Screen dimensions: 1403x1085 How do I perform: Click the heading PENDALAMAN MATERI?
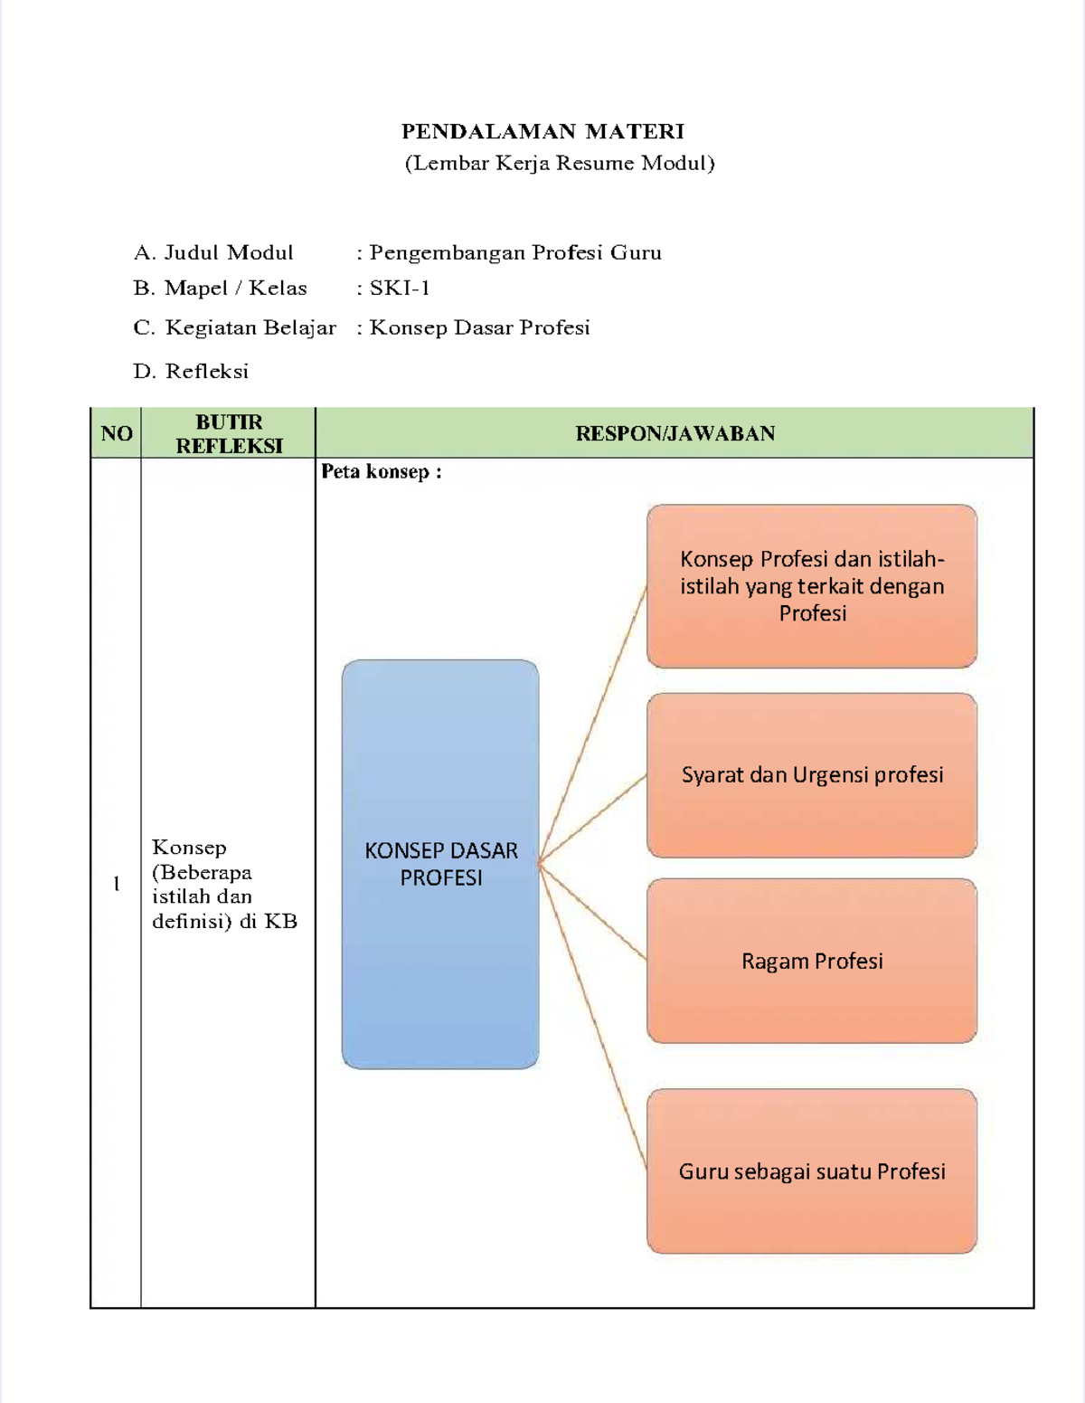(x=542, y=132)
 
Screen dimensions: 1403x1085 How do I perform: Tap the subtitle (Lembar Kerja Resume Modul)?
(x=560, y=164)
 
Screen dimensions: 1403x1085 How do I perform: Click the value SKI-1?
(x=400, y=289)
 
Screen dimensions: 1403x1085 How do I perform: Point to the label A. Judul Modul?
(x=213, y=253)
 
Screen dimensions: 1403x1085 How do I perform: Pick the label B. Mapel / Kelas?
(x=220, y=289)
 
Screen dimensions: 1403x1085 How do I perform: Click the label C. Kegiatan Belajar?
(x=234, y=327)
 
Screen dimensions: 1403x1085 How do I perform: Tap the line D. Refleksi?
(x=191, y=371)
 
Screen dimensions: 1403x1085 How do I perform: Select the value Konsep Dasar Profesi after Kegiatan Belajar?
(x=479, y=327)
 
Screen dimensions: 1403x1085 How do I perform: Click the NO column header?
(x=117, y=433)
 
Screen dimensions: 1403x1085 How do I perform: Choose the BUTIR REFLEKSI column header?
(x=229, y=433)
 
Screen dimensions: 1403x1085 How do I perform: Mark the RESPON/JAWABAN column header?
(x=675, y=433)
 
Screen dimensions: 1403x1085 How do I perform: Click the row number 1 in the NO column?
(x=117, y=884)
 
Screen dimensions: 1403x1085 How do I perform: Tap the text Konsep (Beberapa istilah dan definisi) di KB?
(x=224, y=884)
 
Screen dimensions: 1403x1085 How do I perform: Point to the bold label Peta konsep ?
(x=381, y=471)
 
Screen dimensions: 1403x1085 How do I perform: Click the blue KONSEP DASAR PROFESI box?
(x=440, y=864)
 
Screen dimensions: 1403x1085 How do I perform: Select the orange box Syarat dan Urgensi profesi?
(x=812, y=775)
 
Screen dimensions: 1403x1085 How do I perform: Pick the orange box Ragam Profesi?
(x=812, y=961)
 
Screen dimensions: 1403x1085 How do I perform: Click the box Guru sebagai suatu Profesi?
(x=812, y=1171)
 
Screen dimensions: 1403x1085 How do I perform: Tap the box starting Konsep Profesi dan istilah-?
(x=812, y=586)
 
